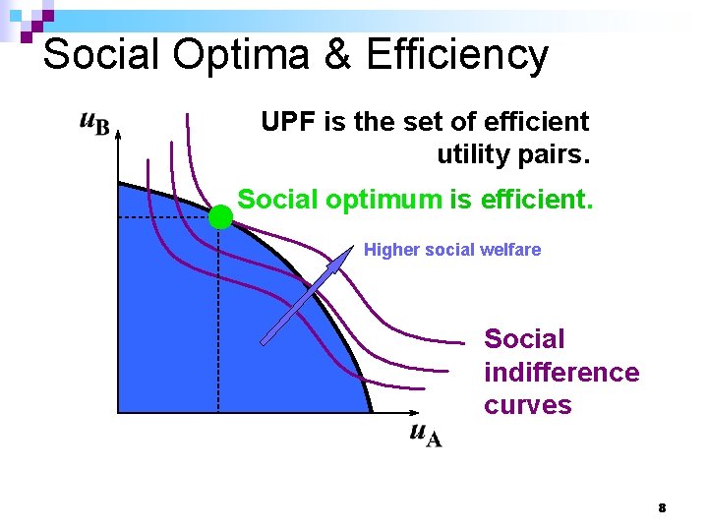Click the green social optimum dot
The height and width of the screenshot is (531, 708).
point(220,217)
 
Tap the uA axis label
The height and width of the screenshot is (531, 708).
point(426,435)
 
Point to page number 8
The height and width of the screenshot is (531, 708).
point(662,508)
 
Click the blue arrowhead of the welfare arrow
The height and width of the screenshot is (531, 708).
point(343,258)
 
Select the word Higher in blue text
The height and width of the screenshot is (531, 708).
point(391,250)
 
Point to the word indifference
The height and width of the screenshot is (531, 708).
point(561,373)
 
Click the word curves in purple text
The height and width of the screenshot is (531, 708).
point(527,405)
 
